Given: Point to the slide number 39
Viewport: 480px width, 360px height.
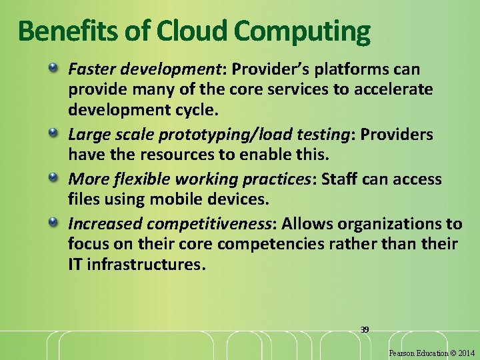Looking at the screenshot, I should (x=364, y=329).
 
